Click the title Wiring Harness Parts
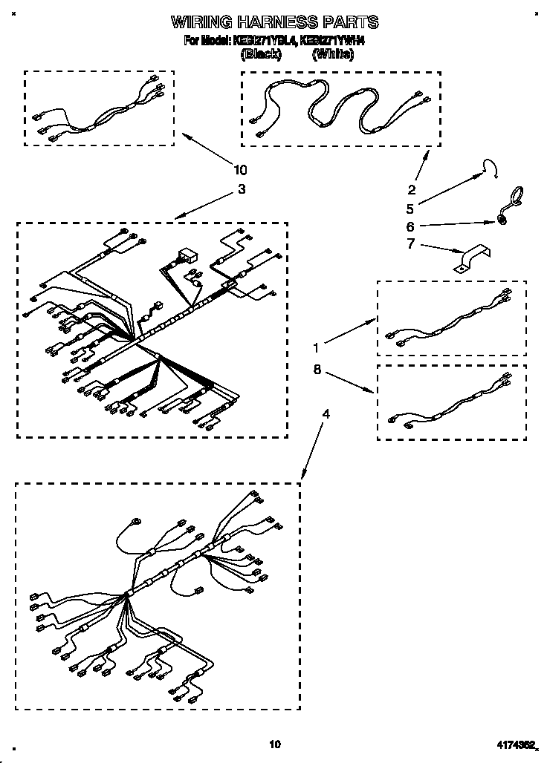pos(274,22)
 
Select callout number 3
pos(241,189)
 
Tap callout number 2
pos(411,189)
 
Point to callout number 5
pos(410,209)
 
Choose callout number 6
pos(410,226)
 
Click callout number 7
pos(410,245)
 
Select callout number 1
pos(317,347)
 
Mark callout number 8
pos(317,369)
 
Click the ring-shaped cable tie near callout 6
pos(511,198)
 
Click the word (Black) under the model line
pos(261,54)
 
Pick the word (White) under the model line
pos(332,54)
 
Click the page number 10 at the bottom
pos(275,744)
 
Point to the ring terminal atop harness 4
pos(136,522)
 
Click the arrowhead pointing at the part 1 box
pos(371,320)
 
